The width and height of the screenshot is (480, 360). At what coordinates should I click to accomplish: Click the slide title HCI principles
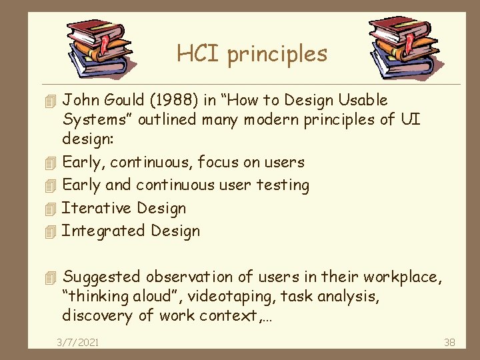(x=252, y=53)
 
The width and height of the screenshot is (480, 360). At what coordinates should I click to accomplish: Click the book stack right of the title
(x=404, y=47)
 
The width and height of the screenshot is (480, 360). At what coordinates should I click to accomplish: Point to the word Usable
(x=363, y=101)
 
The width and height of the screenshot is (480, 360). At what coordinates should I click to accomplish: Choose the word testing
(x=282, y=185)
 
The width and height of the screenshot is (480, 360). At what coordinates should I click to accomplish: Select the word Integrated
(x=103, y=231)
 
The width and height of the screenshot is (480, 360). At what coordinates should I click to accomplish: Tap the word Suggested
(x=101, y=277)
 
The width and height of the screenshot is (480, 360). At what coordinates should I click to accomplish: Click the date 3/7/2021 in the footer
(x=78, y=342)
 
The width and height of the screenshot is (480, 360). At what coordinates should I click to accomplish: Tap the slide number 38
(x=449, y=342)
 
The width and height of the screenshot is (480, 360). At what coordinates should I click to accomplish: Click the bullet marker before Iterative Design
(x=45, y=209)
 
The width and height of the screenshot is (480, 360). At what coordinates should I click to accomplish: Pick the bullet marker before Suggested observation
(x=45, y=277)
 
